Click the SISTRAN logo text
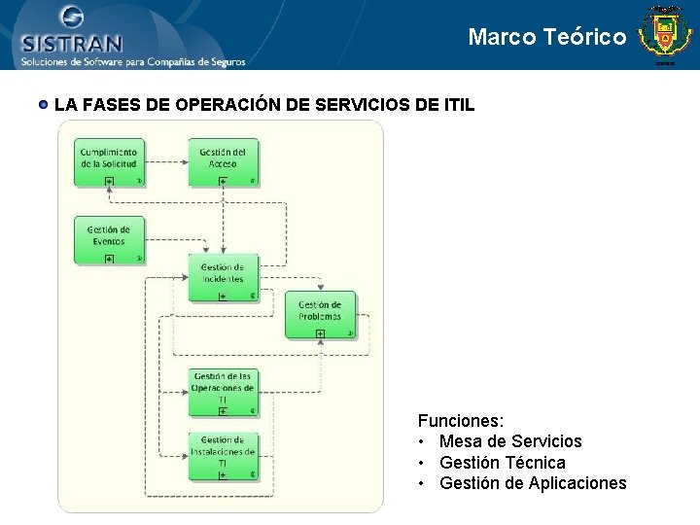pyautogui.click(x=72, y=43)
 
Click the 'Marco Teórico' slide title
pyautogui.click(x=547, y=37)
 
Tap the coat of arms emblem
pyautogui.click(x=665, y=35)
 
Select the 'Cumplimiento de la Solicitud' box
pyautogui.click(x=109, y=160)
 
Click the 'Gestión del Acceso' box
pyautogui.click(x=223, y=160)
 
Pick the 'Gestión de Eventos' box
pyautogui.click(x=109, y=239)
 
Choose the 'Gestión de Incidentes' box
pyautogui.click(x=223, y=278)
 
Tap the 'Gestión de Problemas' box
pyautogui.click(x=320, y=314)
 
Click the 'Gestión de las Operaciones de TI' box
pyautogui.click(x=223, y=391)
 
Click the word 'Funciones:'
pyautogui.click(x=461, y=421)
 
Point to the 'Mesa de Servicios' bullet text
pyautogui.click(x=510, y=441)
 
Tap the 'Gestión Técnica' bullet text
pyautogui.click(x=502, y=463)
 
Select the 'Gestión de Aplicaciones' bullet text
pyautogui.click(x=533, y=483)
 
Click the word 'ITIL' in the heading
pyautogui.click(x=457, y=104)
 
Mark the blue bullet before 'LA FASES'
pyautogui.click(x=44, y=103)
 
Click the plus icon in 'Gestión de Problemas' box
pyautogui.click(x=320, y=333)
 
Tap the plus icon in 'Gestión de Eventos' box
pyautogui.click(x=109, y=259)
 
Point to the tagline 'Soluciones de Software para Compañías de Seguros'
pyautogui.click(x=132, y=61)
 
